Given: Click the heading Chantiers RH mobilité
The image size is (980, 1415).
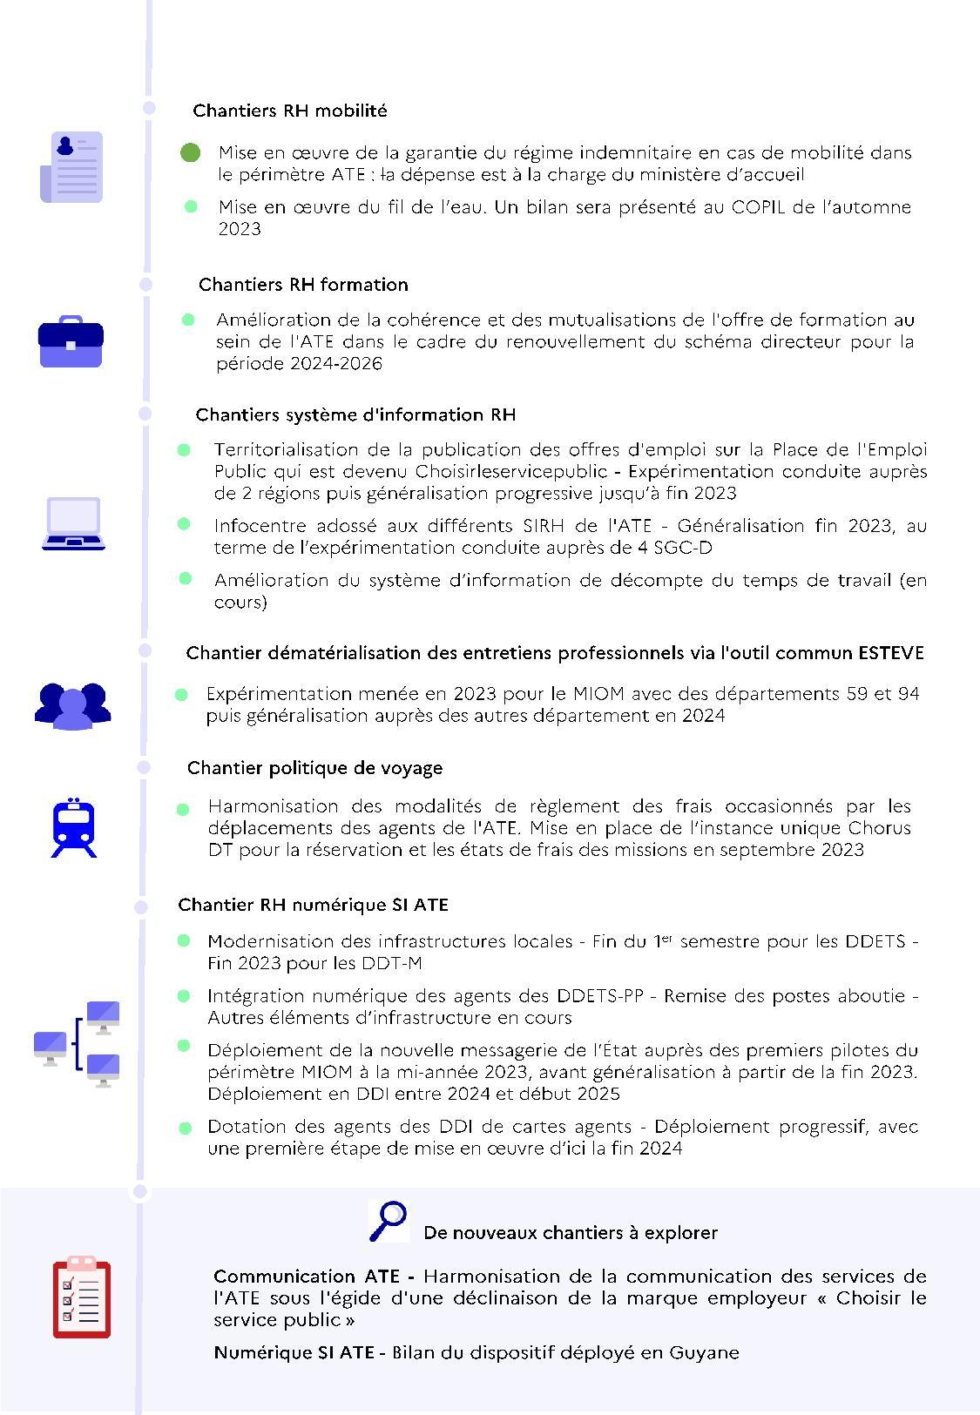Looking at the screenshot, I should (290, 111).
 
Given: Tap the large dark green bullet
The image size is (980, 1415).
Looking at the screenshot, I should (191, 153).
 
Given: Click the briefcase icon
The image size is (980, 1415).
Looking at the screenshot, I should (71, 341).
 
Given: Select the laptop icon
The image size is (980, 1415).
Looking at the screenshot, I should (74, 524).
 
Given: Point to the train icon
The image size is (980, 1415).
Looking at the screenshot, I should (74, 826).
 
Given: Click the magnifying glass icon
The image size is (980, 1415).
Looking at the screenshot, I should (388, 1220).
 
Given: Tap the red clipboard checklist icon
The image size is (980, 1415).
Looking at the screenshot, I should (81, 1297).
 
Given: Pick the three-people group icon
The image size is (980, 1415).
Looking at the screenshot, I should (73, 705).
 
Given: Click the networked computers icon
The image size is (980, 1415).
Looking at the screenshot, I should (78, 1044).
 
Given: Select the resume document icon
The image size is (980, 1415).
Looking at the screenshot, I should (72, 167).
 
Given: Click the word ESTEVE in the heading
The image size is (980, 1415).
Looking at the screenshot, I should (891, 653).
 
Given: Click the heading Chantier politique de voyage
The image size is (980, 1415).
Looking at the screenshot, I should (314, 768).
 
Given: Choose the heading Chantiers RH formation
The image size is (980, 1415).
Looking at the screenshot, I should (303, 285).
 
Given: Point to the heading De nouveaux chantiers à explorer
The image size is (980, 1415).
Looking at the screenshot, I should (571, 1233).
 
